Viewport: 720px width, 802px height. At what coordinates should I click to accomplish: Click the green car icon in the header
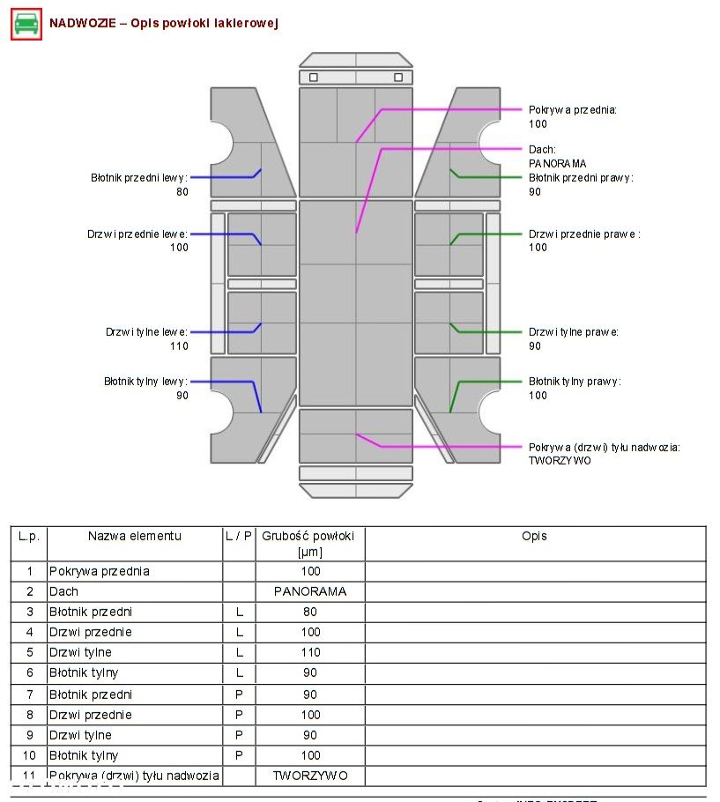26,24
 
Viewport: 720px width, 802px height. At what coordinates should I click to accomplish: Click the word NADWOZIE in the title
82,24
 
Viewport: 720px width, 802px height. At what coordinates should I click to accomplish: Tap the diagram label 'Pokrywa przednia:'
573,110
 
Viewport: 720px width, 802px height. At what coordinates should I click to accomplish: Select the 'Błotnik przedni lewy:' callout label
139,178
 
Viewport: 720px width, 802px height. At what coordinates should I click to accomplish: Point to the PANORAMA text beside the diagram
557,164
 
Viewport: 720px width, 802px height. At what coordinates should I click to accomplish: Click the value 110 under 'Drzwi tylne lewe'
179,346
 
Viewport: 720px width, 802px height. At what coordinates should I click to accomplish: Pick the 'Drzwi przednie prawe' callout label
584,234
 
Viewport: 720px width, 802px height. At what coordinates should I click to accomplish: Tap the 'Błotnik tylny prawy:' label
575,382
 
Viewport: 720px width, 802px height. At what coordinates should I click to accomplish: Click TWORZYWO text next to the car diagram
560,460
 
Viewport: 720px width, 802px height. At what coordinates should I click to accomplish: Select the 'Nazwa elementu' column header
134,536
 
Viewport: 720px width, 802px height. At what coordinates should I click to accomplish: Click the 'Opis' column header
534,536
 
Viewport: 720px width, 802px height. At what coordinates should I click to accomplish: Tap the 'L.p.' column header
29,536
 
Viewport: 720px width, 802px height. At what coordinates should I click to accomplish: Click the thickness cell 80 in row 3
309,612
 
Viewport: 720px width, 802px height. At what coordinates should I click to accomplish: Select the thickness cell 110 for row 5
309,652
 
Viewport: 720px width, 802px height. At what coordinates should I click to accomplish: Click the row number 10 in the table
29,755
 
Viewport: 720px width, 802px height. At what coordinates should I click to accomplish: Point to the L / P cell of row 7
239,694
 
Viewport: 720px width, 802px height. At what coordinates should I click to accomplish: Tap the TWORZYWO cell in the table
309,776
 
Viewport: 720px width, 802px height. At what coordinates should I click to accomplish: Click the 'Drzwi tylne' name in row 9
80,735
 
